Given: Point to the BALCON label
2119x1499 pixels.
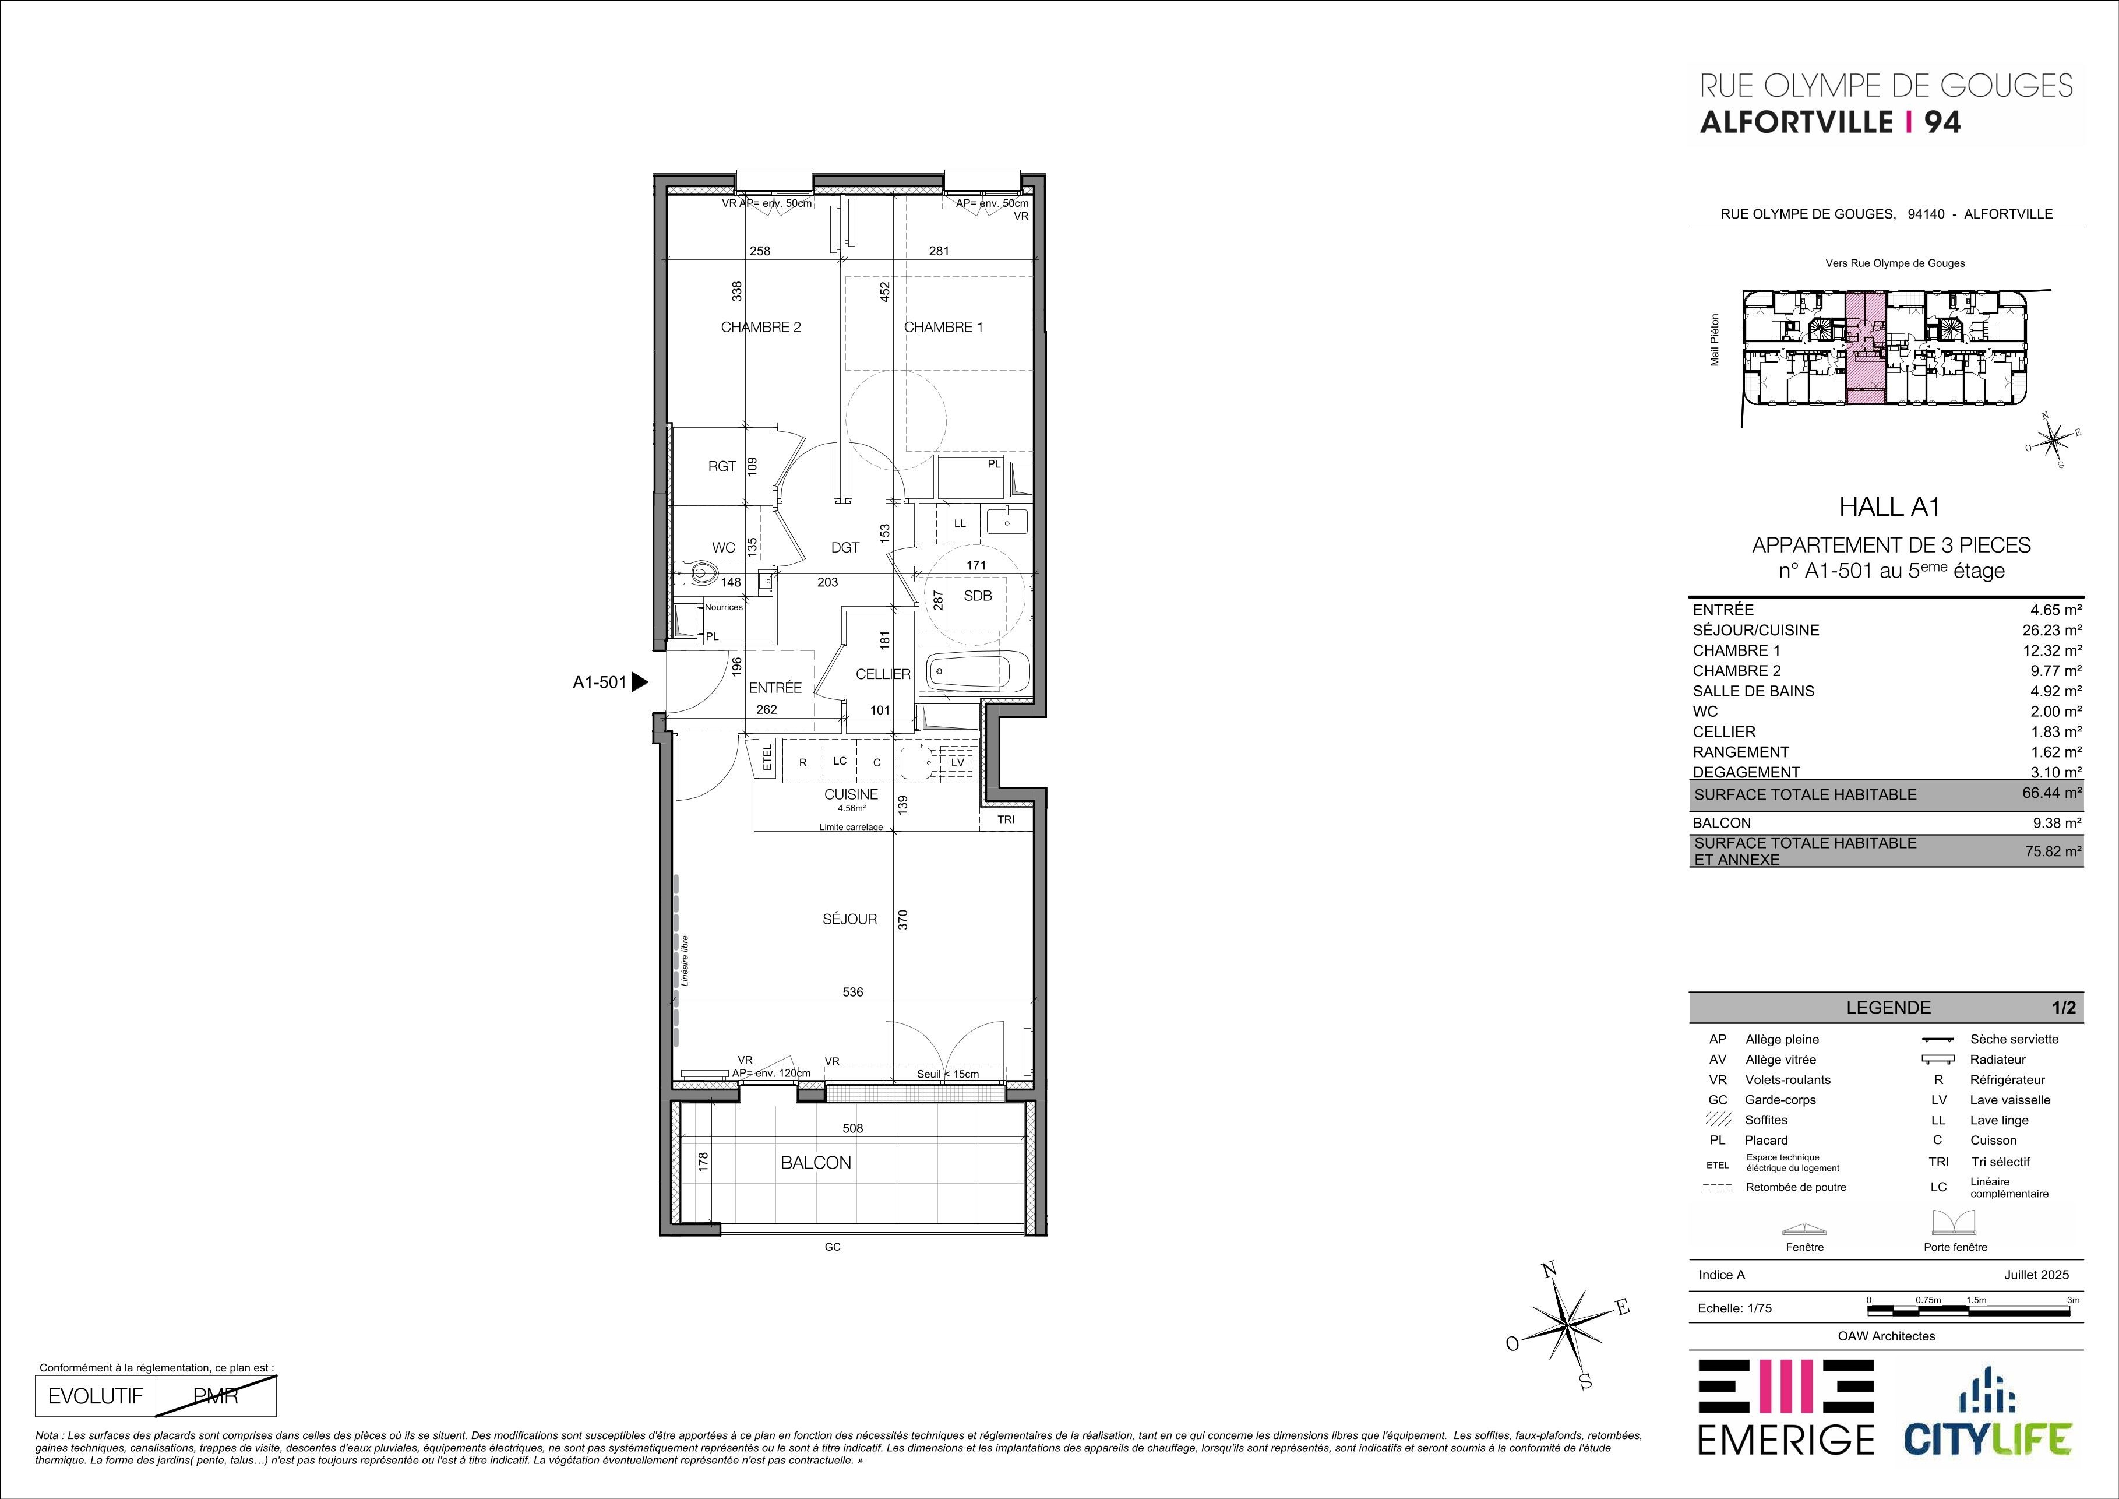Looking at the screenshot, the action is (x=816, y=1163).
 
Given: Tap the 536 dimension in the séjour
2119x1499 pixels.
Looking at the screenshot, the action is (x=853, y=993).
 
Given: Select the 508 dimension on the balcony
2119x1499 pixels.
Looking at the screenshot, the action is (x=852, y=1128).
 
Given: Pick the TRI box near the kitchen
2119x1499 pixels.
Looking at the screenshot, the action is (x=1006, y=819).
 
